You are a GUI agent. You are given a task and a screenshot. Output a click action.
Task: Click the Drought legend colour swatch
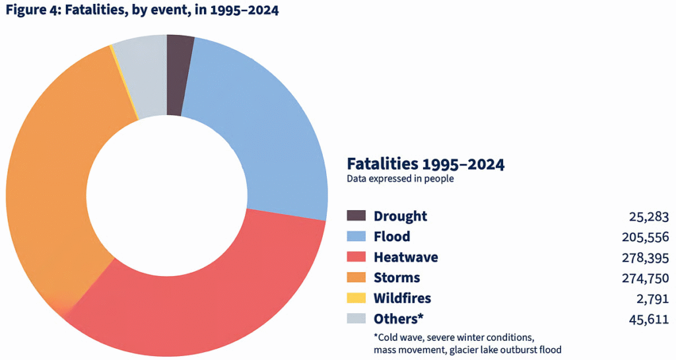tap(356, 216)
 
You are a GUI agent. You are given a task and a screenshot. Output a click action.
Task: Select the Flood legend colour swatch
tap(356, 236)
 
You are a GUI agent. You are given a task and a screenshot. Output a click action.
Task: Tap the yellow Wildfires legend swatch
tap(356, 298)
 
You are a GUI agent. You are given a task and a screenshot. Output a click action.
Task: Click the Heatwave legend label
tap(405, 257)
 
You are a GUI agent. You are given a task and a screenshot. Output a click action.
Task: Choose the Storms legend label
tap(397, 277)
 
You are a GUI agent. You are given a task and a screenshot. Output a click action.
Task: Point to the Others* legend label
tap(398, 318)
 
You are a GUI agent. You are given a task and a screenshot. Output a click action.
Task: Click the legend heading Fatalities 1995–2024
tap(425, 164)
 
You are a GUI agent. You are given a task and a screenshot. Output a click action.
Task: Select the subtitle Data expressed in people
tap(400, 179)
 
